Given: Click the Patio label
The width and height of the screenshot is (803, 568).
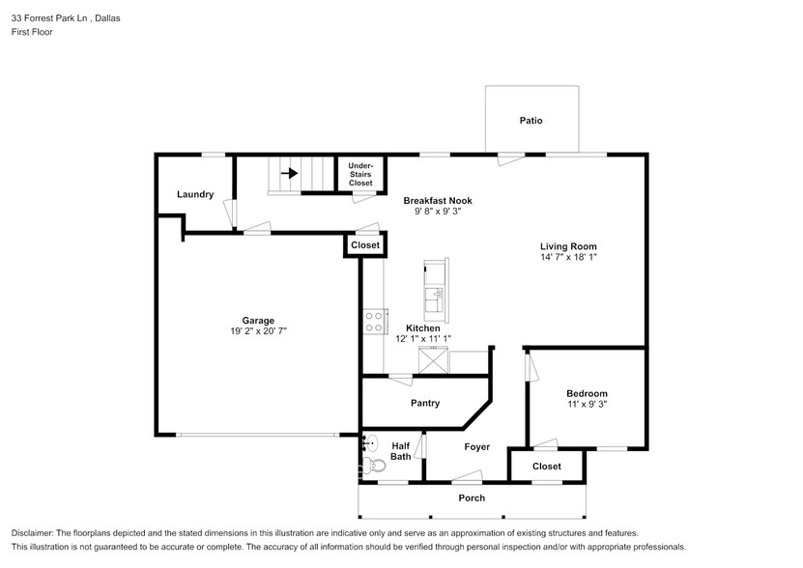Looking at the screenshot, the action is click(x=531, y=121).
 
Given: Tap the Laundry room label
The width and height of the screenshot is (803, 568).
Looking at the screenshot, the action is click(x=195, y=194).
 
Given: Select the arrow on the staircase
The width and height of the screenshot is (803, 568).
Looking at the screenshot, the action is click(x=289, y=173).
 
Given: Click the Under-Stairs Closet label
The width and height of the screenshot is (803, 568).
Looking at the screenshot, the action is click(x=360, y=174).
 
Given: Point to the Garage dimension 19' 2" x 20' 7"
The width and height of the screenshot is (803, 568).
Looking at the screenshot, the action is click(x=258, y=331).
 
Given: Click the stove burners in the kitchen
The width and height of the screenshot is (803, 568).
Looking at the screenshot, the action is click(x=374, y=322).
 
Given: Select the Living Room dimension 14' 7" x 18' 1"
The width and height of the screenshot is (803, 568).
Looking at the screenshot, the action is click(x=568, y=257).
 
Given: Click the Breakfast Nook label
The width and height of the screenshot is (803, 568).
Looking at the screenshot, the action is click(x=438, y=200).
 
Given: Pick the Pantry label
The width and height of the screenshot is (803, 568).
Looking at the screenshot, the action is click(x=425, y=403).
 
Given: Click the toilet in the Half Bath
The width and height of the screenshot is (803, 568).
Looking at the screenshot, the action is click(x=375, y=466).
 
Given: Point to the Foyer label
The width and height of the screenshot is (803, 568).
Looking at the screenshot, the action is click(x=476, y=446).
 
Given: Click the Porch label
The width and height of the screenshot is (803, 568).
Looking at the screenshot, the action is click(x=472, y=497).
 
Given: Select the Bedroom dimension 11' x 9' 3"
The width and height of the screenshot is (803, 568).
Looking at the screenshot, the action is click(x=587, y=404).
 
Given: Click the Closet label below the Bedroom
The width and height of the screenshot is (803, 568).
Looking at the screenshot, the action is click(x=546, y=466).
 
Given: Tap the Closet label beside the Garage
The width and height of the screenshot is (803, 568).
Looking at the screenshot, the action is click(x=365, y=244).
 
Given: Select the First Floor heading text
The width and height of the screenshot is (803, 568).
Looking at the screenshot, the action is click(x=32, y=32).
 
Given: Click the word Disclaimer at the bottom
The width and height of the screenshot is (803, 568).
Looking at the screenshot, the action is click(x=32, y=533).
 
